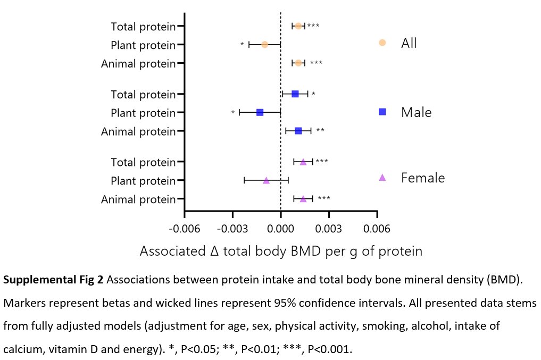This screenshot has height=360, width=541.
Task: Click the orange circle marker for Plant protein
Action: tap(264, 44)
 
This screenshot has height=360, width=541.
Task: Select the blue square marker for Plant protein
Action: tap(260, 112)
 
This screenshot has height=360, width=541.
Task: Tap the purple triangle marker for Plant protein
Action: tap(266, 180)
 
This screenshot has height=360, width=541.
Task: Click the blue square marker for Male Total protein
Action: tap(295, 94)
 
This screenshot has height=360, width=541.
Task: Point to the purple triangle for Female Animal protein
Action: tap(303, 199)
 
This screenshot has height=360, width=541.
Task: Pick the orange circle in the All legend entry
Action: tap(382, 43)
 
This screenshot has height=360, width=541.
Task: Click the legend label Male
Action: tap(416, 112)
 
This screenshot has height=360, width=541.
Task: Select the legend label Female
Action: tap(423, 178)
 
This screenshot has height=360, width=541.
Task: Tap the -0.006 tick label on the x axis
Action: tap(184, 229)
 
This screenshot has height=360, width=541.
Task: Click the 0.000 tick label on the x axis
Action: tap(281, 229)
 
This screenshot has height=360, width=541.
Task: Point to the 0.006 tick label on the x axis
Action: tap(377, 229)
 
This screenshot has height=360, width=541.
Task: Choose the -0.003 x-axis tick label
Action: tap(232, 229)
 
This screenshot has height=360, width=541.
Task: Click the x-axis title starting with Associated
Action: tap(281, 251)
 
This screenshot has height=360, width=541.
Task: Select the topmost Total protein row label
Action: tap(143, 26)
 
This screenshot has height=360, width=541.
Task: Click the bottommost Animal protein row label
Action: tap(138, 199)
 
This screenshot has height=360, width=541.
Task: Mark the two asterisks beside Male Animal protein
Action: tap(320, 131)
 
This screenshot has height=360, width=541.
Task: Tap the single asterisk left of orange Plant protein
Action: tap(242, 45)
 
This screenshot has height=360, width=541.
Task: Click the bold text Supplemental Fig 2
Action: tap(54, 281)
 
